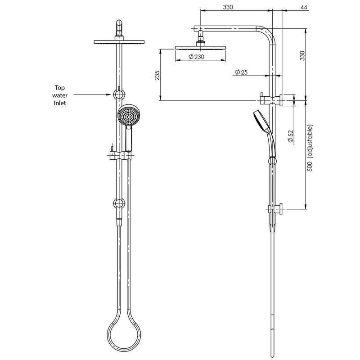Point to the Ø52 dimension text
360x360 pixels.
[291, 136]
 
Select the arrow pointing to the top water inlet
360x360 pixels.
[92, 94]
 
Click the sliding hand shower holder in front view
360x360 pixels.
[120, 155]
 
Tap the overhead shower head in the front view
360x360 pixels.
[119, 42]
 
